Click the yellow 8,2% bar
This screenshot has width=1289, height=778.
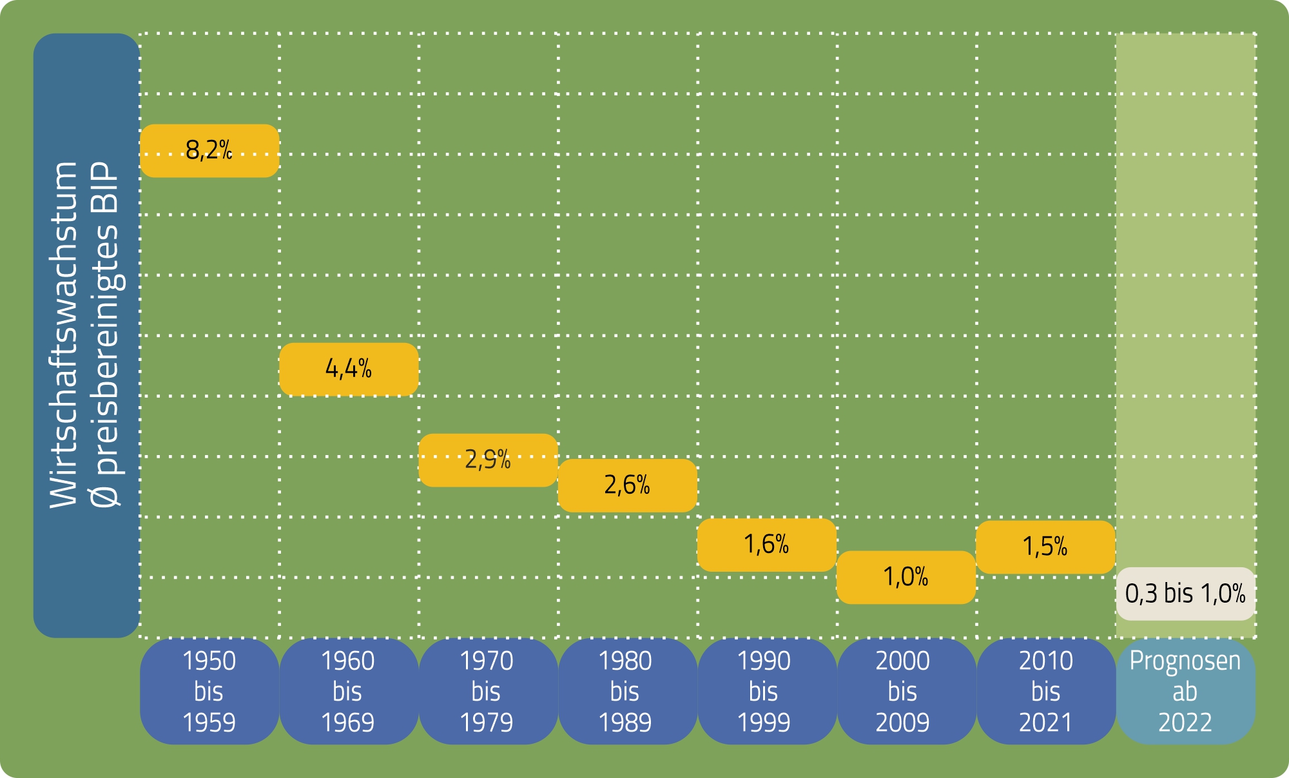[209, 151]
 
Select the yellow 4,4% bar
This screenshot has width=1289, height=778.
[349, 369]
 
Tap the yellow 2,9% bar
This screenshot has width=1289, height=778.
[488, 460]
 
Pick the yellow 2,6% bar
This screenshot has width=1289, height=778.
[627, 485]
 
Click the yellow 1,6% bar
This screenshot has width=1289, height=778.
[766, 545]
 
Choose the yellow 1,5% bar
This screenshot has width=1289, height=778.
[1045, 547]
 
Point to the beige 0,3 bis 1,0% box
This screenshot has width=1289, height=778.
[1185, 594]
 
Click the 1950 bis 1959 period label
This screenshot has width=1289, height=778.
[209, 692]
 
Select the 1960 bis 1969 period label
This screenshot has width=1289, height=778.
[349, 692]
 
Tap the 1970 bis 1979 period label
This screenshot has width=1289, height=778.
[488, 692]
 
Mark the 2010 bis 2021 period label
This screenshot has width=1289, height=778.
[1045, 692]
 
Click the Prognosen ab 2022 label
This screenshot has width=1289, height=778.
[1185, 692]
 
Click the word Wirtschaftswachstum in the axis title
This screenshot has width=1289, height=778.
[63, 335]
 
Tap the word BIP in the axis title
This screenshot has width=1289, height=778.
[105, 188]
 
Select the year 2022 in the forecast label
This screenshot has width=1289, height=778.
[1185, 723]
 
